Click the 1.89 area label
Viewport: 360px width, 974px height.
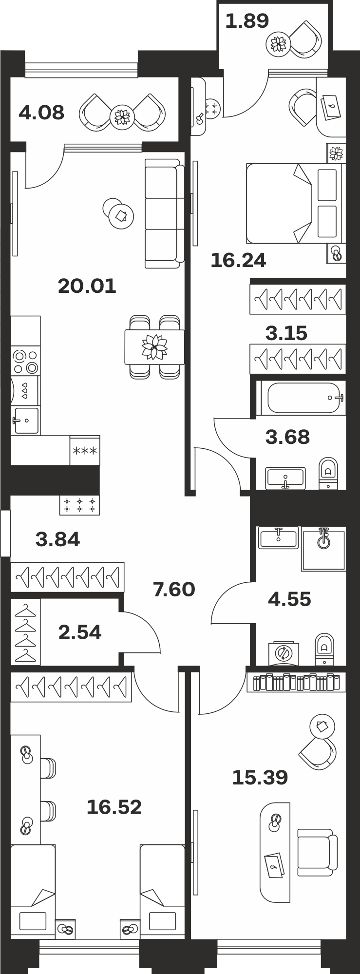(x=247, y=21)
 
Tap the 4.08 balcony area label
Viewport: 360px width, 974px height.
(x=41, y=113)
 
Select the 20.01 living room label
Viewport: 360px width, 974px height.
(x=87, y=286)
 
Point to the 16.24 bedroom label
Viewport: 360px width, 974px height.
(x=238, y=260)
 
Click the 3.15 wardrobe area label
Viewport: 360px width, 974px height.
(x=286, y=333)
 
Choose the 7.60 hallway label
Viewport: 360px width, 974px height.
(x=174, y=590)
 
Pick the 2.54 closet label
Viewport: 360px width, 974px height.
(x=80, y=632)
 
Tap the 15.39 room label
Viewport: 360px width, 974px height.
(x=260, y=778)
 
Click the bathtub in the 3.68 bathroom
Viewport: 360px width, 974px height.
(x=301, y=398)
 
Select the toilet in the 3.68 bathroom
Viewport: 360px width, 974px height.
(x=328, y=473)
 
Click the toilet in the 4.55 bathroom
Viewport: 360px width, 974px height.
(x=324, y=649)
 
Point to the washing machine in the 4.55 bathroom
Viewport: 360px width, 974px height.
(x=284, y=653)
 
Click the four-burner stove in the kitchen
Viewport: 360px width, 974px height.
(x=25, y=361)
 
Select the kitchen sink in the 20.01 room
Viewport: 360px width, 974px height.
(x=25, y=420)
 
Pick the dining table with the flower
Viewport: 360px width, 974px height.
(x=154, y=347)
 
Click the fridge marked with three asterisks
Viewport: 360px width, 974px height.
(x=85, y=451)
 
